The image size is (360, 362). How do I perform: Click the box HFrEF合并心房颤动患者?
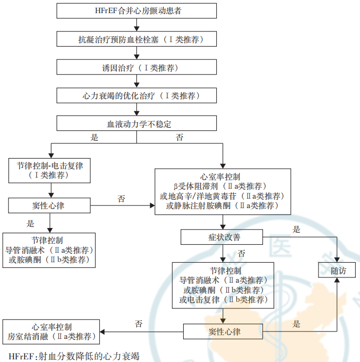tap(136, 11)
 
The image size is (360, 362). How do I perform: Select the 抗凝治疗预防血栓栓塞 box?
tap(136, 39)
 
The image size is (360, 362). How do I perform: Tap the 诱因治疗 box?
tap(136, 67)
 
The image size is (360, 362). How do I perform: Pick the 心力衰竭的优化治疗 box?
tap(136, 96)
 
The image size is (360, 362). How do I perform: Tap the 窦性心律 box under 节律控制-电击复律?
tap(49, 204)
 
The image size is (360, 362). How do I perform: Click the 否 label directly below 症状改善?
tap(241, 254)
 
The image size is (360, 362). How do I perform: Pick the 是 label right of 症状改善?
tap(297, 230)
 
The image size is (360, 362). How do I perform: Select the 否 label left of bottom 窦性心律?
tap(139, 324)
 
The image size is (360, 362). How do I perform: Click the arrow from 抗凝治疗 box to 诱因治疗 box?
tap(136, 53)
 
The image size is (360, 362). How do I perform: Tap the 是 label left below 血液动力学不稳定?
tap(94, 137)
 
